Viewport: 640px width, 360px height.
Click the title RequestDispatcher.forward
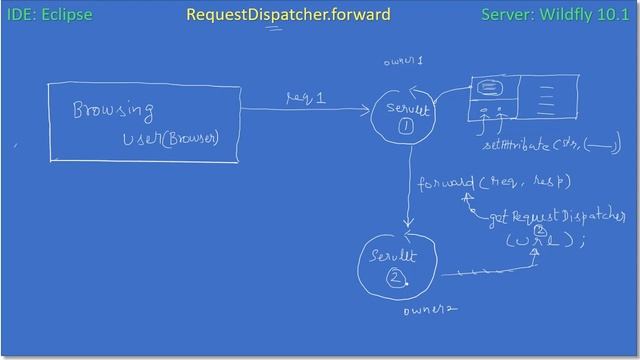coord(288,15)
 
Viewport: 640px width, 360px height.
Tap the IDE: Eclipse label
coord(50,15)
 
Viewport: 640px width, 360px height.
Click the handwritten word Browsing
coord(113,109)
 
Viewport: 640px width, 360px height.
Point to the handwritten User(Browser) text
coord(170,137)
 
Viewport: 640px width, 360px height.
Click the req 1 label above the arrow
coord(306,96)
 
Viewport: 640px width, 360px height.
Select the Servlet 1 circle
coord(404,117)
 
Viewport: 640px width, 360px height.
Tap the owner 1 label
coord(403,62)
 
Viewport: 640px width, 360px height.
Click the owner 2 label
coord(430,310)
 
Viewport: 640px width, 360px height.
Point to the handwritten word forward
coord(446,183)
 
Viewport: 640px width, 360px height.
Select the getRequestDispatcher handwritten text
coord(557,217)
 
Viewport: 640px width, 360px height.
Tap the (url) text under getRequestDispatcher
coord(543,240)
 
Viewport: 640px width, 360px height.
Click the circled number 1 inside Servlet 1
coord(406,127)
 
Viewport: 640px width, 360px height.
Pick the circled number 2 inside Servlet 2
coord(396,278)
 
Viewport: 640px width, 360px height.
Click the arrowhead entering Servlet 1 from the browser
coord(366,110)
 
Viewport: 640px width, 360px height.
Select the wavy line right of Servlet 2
coord(478,270)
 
